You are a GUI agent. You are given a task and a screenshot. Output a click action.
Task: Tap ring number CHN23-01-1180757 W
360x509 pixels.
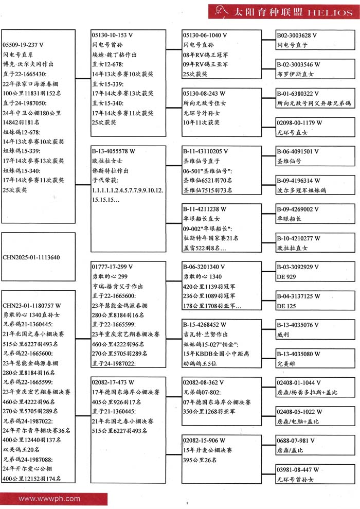pos(32,305)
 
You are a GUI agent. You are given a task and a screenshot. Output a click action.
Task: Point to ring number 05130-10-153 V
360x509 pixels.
pos(113,35)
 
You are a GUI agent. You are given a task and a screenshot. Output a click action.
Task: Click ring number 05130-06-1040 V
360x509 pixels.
pos(205,35)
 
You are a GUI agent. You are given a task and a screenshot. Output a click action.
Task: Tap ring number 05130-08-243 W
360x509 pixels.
pos(204,94)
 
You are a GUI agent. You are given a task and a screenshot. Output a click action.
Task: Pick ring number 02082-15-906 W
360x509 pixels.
pos(204,441)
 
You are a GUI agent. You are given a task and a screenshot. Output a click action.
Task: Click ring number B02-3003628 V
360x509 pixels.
pos(297,35)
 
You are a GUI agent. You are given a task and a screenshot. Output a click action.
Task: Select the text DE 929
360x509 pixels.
pos(286,276)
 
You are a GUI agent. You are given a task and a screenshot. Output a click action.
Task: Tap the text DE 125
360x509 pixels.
pos(286,306)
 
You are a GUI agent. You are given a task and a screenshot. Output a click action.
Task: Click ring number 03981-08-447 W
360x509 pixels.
pos(298,470)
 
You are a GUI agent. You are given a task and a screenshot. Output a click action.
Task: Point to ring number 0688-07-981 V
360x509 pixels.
pos(296,441)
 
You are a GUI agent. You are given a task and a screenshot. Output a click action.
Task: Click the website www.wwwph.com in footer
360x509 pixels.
pos(49,499)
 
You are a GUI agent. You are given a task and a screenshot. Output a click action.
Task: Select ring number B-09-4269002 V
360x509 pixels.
pos(298,209)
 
